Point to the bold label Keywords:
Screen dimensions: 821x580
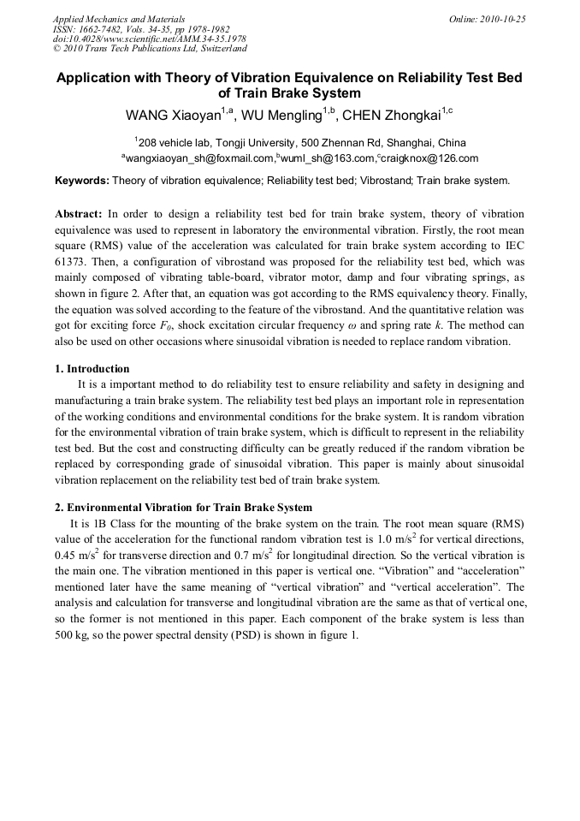(x=82, y=181)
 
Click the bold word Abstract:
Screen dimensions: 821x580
(x=79, y=213)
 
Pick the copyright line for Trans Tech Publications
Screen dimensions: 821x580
(x=150, y=48)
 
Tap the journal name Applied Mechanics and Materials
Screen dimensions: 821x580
(x=118, y=19)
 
